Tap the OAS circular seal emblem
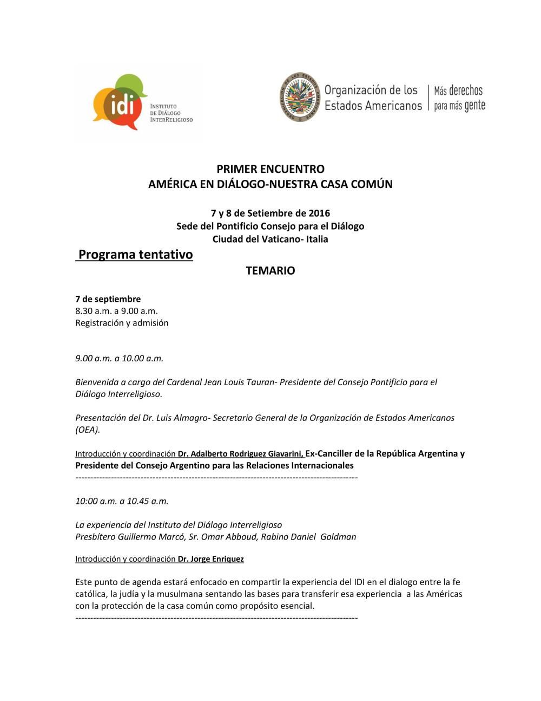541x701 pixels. (x=299, y=98)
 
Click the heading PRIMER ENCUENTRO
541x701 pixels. (x=270, y=169)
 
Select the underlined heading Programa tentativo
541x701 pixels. (x=135, y=255)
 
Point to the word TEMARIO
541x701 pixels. (x=270, y=271)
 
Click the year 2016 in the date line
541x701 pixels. (x=319, y=213)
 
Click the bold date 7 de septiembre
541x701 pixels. (x=108, y=299)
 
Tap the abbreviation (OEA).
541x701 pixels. (x=88, y=430)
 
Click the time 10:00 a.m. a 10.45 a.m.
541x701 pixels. (x=122, y=501)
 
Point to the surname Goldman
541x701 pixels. (x=338, y=537)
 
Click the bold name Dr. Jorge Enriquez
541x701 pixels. (x=211, y=559)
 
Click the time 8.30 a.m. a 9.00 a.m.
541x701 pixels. (x=116, y=311)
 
